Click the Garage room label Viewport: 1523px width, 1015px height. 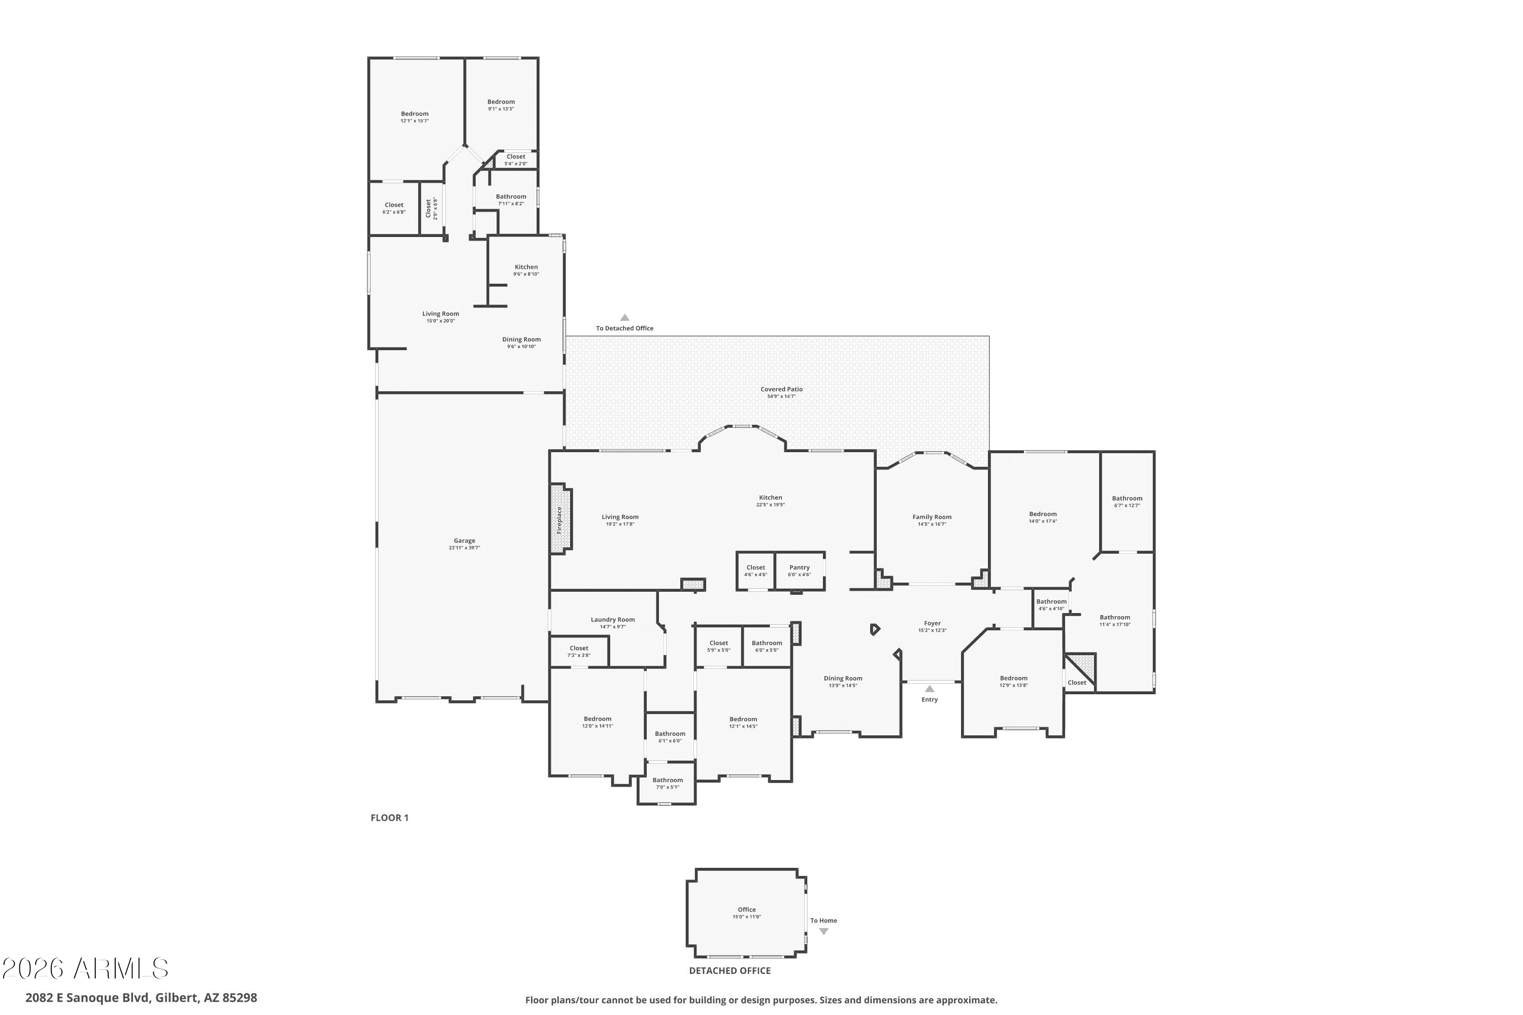[465, 540]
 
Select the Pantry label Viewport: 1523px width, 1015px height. [799, 567]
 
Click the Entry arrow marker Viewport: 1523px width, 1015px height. [929, 689]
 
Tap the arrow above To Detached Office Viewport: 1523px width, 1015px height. [624, 318]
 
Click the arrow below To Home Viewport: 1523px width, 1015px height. [823, 931]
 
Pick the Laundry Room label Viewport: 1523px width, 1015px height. [613, 620]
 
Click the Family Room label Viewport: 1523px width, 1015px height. [932, 517]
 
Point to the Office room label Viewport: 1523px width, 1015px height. [747, 909]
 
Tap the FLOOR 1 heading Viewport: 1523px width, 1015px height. [389, 818]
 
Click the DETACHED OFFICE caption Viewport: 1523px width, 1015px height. [730, 970]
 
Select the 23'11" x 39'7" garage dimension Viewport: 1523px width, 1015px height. [465, 548]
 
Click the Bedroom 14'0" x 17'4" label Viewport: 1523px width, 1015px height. [1043, 517]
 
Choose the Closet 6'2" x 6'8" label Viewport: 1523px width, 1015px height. [394, 208]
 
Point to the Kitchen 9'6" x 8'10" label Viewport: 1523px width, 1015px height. [526, 270]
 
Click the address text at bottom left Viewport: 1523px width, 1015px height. [141, 998]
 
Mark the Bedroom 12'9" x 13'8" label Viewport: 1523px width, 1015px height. [1013, 682]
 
